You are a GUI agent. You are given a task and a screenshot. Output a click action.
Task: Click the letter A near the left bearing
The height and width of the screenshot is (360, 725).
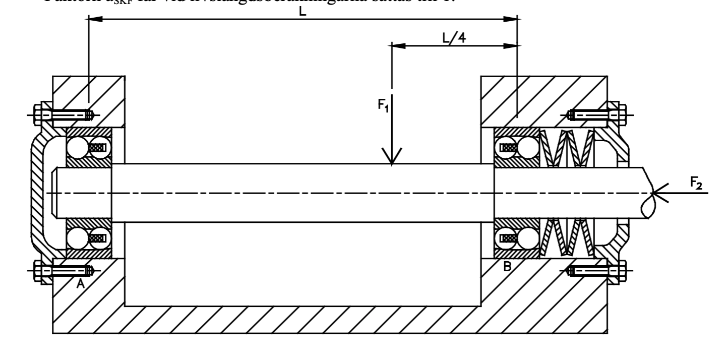(x=80, y=284)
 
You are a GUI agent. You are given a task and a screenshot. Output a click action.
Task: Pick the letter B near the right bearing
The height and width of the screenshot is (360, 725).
(x=507, y=267)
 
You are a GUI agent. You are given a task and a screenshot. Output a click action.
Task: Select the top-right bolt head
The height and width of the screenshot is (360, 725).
(x=621, y=115)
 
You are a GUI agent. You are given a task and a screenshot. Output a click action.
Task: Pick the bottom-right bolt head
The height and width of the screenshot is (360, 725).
(x=621, y=271)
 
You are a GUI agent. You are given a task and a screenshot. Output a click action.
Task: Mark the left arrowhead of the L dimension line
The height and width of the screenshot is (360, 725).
(x=96, y=20)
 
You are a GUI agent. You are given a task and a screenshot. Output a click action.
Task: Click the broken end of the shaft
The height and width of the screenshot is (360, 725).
(x=648, y=194)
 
